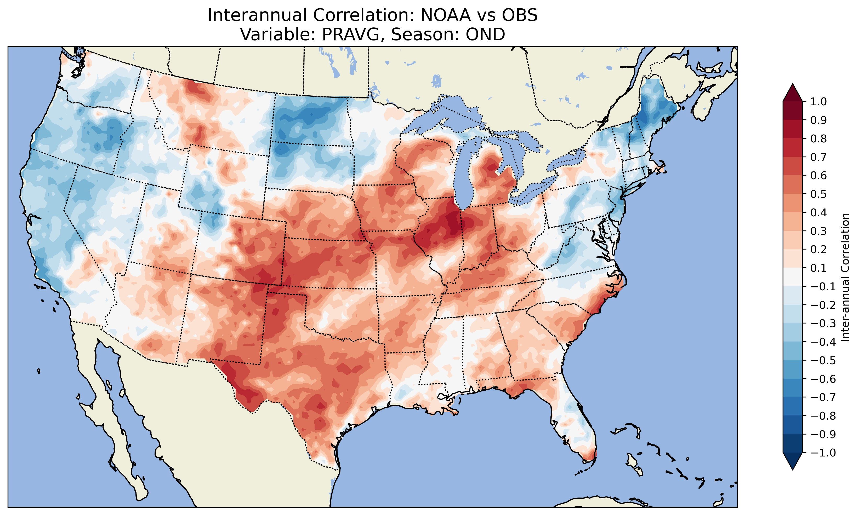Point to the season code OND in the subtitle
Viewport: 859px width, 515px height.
point(485,34)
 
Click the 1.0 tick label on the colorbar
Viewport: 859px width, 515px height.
point(818,102)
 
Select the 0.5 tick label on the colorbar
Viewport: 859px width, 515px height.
point(818,194)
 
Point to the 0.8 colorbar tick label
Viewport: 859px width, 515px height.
point(818,138)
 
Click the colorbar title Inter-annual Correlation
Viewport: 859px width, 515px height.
point(845,277)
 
